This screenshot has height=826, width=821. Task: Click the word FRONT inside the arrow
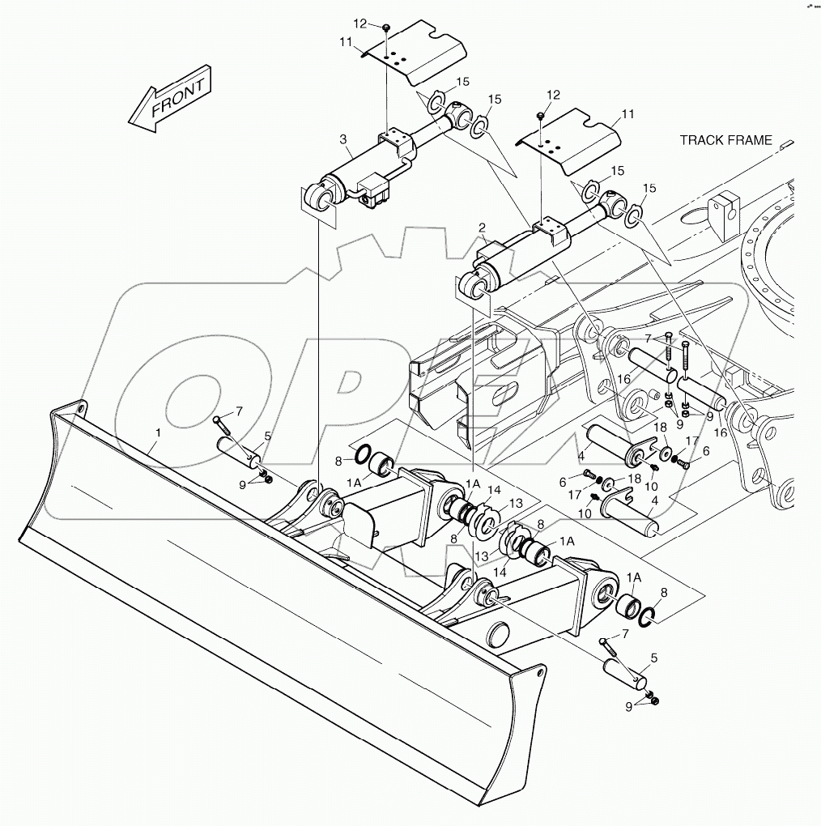[172, 99]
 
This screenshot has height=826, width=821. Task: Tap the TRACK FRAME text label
[725, 140]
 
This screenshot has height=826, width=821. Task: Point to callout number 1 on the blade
[159, 433]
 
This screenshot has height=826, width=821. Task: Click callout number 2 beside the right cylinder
[482, 229]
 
